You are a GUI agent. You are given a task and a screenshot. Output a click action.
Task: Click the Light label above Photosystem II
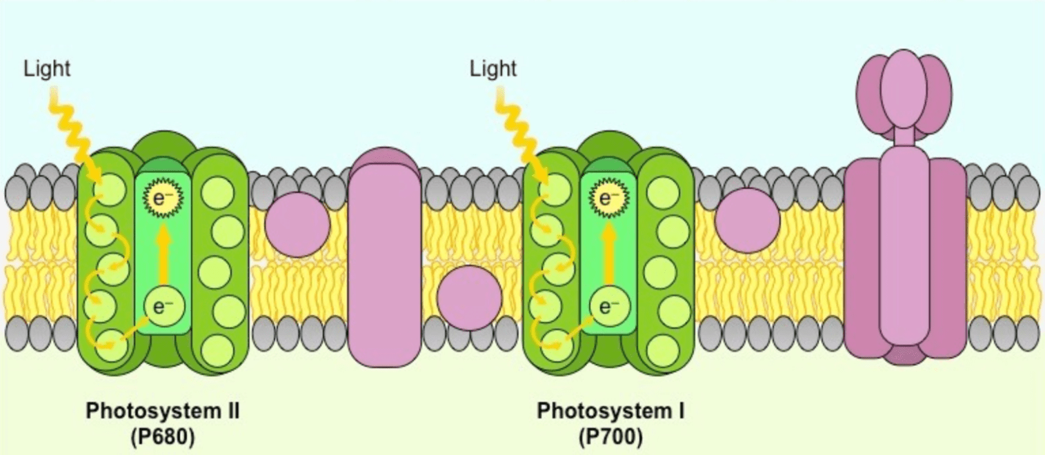point(47,68)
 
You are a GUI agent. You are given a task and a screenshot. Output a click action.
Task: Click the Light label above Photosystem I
point(492,68)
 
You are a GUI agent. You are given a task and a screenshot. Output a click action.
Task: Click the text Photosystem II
point(162,411)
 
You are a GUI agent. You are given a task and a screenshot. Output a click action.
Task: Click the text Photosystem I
point(610,411)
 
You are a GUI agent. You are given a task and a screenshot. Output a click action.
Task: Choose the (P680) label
point(163,437)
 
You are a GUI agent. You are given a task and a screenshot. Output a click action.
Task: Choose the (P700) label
point(610,437)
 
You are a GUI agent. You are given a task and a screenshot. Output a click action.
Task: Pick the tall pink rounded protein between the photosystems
point(384,257)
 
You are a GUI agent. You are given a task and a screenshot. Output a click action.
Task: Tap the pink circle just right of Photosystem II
point(298,224)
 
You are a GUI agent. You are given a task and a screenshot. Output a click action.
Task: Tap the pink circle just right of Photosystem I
point(747,221)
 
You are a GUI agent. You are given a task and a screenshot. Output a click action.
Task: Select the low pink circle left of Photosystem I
point(469,298)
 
